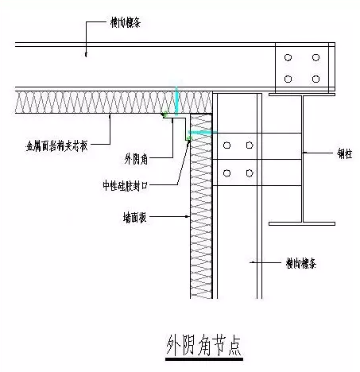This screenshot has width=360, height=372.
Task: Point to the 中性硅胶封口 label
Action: click(x=127, y=185)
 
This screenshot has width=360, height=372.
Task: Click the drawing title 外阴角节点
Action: click(x=203, y=346)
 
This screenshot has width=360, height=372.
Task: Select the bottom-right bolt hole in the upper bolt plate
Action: click(x=315, y=78)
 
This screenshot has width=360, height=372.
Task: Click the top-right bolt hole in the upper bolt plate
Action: click(x=315, y=58)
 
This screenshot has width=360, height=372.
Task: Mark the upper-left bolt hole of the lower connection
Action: click(x=228, y=145)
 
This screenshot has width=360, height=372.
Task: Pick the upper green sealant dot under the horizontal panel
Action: click(x=164, y=116)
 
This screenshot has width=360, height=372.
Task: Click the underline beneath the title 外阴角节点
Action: click(x=203, y=359)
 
